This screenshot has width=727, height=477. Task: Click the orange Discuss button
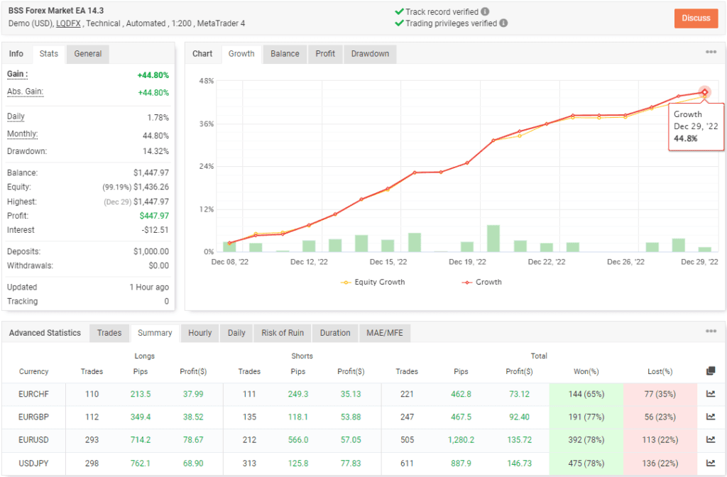point(696,18)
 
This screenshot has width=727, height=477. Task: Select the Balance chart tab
point(285,54)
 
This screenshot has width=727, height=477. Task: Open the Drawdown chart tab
point(370,54)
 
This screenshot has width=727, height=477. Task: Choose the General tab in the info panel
point(88,54)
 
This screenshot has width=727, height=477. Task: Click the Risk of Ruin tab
point(283,333)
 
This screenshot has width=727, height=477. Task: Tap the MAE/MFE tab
point(384,333)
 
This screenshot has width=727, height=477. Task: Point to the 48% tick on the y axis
point(206,81)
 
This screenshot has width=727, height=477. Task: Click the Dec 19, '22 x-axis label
point(468,262)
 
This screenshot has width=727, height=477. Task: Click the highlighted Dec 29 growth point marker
point(704,92)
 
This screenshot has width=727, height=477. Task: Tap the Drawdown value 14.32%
point(156,151)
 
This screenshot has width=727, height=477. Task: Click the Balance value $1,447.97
point(151,172)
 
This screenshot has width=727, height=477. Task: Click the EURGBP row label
point(34,417)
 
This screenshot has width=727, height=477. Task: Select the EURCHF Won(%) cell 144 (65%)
point(585,394)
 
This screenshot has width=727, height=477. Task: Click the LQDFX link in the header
point(69,23)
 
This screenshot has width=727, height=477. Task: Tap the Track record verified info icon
point(485,12)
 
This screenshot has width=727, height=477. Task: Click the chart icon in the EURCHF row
point(711,394)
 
